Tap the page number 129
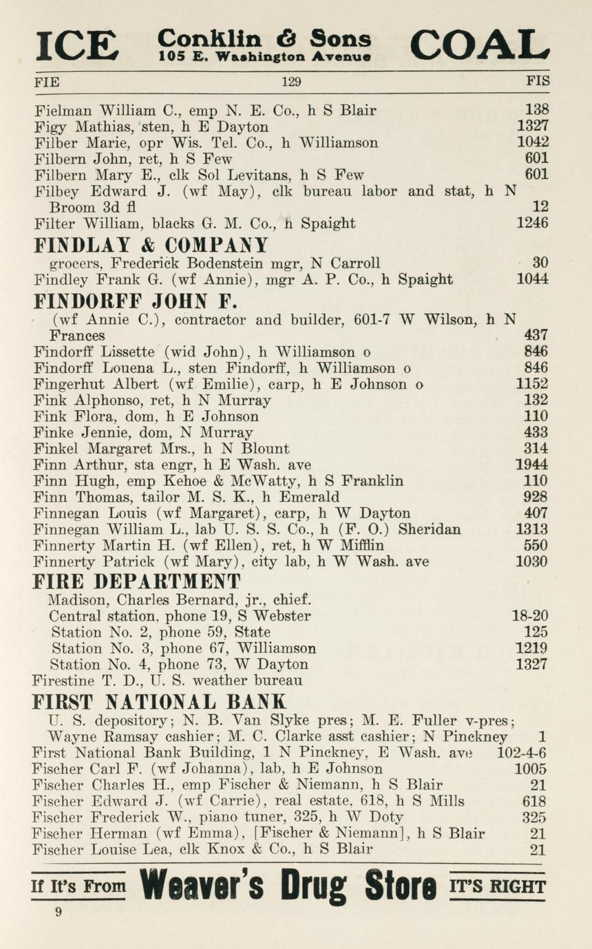point(291,82)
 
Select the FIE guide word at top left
point(47,82)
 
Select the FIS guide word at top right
point(538,81)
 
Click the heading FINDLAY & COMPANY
point(151,245)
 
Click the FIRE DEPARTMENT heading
point(138,581)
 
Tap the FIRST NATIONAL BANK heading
point(159,702)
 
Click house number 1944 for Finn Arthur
point(532,465)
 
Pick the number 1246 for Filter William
point(532,223)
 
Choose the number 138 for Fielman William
point(536,109)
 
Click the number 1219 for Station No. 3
point(532,648)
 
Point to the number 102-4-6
point(521,752)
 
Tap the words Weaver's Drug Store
point(288,886)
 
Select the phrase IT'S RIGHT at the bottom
point(496,886)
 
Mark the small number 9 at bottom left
point(59,913)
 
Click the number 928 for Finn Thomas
point(536,497)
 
